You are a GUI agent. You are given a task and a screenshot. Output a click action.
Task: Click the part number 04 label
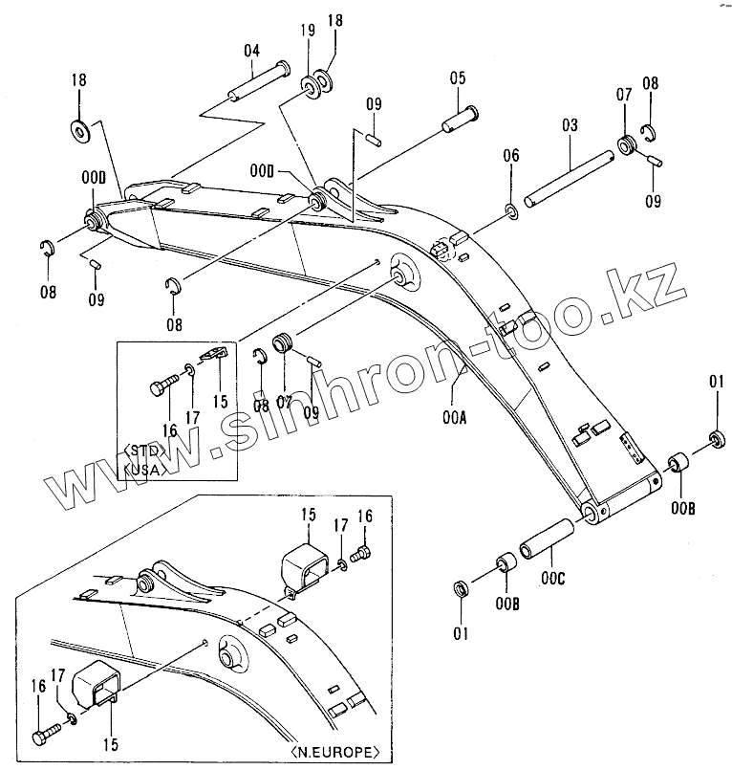[251, 52]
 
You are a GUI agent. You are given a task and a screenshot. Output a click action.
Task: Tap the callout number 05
[457, 79]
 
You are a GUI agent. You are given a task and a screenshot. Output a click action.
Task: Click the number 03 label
[571, 125]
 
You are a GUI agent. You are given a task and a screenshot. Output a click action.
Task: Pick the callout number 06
[511, 157]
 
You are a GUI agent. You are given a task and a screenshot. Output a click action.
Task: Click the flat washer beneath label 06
[512, 210]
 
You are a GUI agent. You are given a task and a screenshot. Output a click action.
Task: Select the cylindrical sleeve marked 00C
[544, 540]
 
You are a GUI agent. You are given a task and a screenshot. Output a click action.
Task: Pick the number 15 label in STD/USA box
[222, 403]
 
